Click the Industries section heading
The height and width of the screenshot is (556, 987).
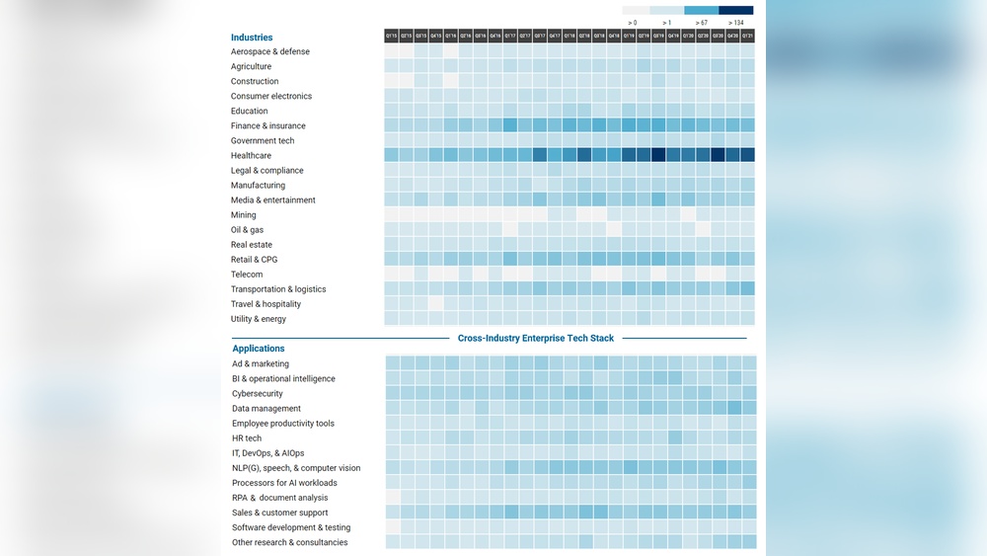point(252,38)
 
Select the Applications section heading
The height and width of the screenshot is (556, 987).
point(259,349)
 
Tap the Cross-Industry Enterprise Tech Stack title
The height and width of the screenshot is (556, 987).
point(536,338)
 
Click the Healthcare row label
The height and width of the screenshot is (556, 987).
point(251,156)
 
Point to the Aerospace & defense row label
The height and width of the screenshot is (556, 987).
point(270,51)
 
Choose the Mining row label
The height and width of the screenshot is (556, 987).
point(244,215)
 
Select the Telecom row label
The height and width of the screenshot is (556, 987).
point(247,275)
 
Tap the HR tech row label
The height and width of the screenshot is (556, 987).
point(247,438)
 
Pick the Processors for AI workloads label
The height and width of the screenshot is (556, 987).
point(284,483)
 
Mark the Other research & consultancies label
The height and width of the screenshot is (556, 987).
point(290,542)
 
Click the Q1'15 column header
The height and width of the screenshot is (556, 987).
point(392,36)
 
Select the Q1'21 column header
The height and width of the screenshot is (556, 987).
point(747,36)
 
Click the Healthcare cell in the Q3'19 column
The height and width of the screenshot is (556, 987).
point(658,155)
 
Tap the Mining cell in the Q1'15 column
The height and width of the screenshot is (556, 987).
point(392,214)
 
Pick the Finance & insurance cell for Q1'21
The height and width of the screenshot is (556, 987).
point(747,125)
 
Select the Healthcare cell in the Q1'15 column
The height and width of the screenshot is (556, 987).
point(392,155)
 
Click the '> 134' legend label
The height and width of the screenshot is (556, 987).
point(736,22)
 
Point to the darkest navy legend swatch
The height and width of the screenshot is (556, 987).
point(736,10)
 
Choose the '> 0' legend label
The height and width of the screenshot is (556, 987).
point(633,22)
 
